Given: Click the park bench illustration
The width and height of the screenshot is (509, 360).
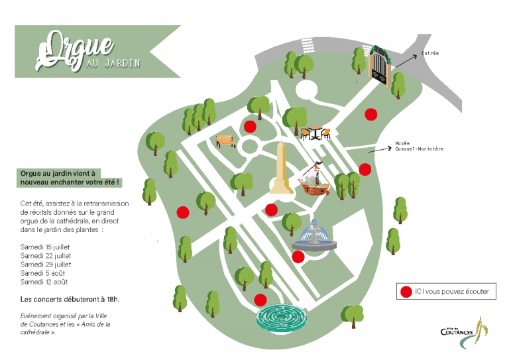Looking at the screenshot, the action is coord(226,141).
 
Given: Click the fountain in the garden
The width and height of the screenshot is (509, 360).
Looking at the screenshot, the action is coord(314,236).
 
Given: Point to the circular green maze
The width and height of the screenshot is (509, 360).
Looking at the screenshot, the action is coord(282,318).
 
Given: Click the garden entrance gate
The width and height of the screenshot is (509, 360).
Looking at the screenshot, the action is coord(379,66).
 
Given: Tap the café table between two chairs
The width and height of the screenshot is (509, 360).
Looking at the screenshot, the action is coord(315,133).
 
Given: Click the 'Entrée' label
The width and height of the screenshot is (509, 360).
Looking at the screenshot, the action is coord(430,53).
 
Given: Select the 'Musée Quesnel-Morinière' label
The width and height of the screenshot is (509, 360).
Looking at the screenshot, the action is coord(419,146).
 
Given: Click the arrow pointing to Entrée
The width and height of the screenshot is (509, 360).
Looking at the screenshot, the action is coord(406,62).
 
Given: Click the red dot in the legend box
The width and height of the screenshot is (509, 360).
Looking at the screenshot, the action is coord(406,292).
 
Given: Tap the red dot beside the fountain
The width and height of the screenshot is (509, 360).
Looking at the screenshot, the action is coord(298,257).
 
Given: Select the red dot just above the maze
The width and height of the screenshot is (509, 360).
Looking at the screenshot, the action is coord(260,300).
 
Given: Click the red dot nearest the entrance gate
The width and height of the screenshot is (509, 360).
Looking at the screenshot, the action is coord(370,114).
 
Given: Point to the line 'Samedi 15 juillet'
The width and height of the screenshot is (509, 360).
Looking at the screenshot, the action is coord(45,247).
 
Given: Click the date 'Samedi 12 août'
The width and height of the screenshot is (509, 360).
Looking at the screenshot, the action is coord(44,282).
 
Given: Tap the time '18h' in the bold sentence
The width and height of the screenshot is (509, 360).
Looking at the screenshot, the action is coord(112,299).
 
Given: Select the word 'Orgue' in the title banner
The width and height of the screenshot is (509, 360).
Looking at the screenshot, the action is coord(75,50).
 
